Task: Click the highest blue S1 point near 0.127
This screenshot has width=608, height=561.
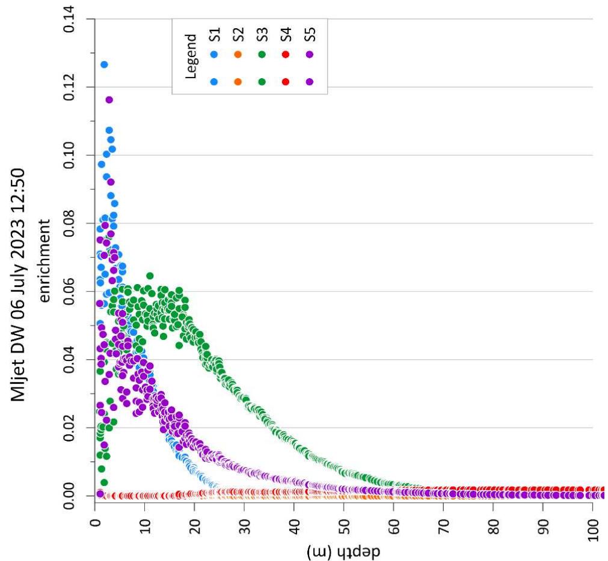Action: click(x=104, y=64)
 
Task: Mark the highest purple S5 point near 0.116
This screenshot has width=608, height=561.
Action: click(x=109, y=100)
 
